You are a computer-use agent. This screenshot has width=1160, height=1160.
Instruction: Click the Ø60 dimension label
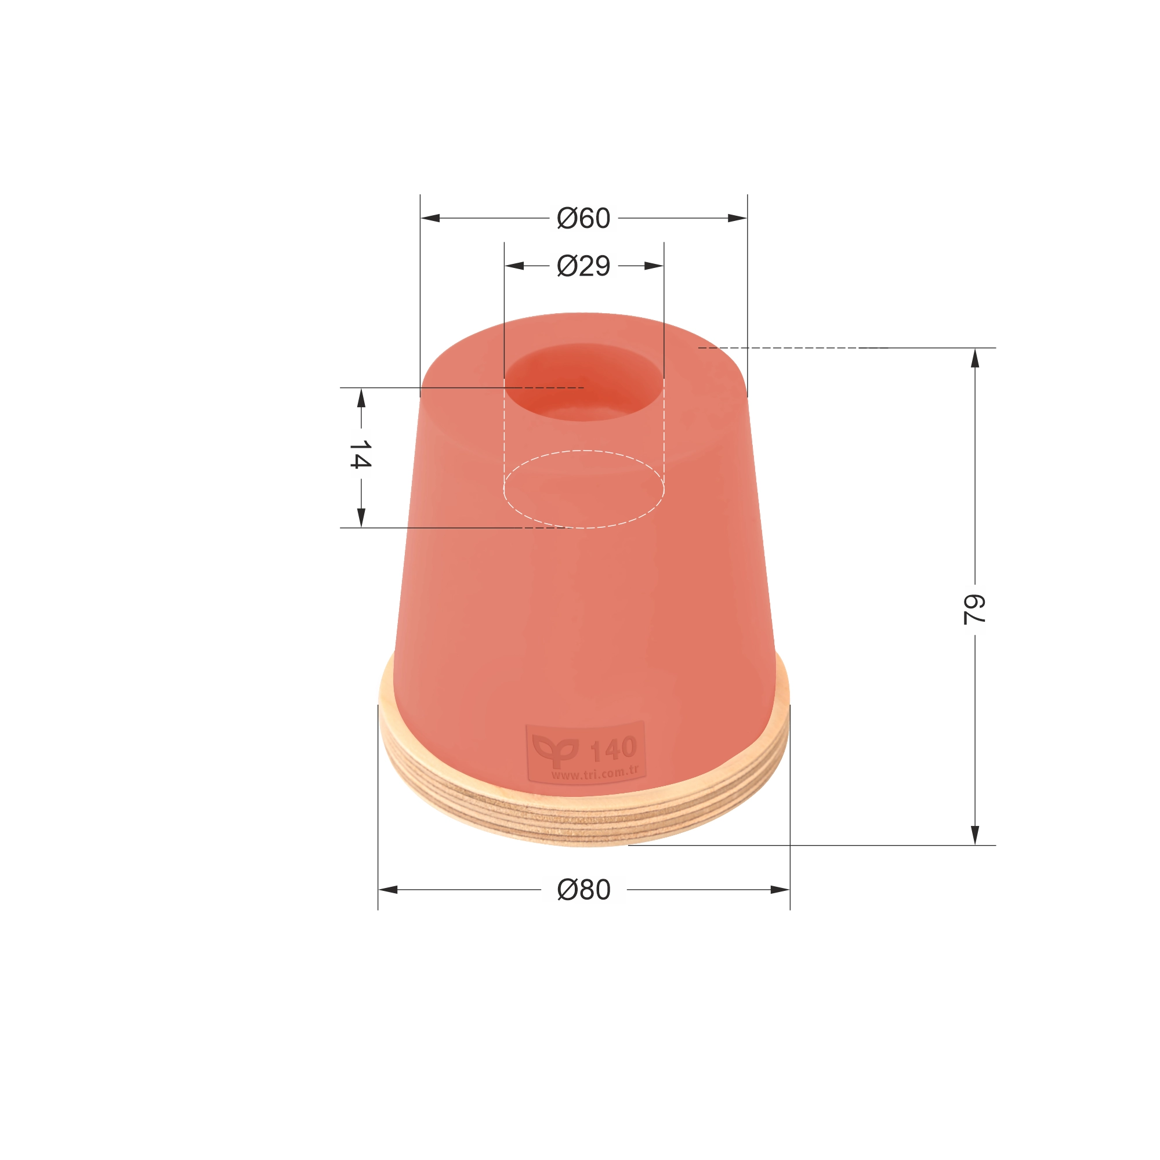583,218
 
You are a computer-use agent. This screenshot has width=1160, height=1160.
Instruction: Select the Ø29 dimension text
583,266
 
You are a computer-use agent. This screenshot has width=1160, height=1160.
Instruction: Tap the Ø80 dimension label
583,890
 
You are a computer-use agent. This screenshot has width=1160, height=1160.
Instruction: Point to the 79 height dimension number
974,610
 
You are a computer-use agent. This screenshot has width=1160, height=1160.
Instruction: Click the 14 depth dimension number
360,454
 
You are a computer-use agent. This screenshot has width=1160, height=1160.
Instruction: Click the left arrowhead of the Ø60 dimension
430,218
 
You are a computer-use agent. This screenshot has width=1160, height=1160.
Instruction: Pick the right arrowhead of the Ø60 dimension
737,218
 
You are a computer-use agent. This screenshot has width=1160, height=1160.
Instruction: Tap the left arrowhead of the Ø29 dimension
514,266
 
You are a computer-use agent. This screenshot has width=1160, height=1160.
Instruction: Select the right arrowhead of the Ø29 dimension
654,266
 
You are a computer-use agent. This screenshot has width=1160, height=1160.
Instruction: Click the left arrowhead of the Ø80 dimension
388,890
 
